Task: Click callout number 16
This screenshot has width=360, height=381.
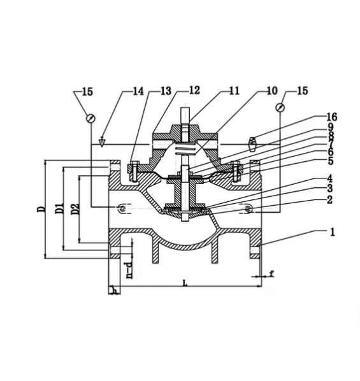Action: coord(332,117)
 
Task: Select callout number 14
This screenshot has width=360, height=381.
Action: coord(138,91)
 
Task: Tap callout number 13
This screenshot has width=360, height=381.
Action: coord(166,91)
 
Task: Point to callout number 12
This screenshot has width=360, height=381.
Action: coord(194,90)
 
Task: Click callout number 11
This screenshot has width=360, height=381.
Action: coord(234,91)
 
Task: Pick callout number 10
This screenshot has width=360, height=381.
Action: coord(272,90)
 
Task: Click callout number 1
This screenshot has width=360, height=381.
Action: coord(333,232)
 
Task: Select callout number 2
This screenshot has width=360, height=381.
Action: coord(330,199)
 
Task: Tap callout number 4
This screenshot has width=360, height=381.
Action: coord(329,179)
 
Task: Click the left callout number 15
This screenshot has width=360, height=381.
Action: coord(87,92)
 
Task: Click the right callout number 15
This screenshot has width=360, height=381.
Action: coord(303,90)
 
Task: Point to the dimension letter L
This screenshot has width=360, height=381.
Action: coord(185,283)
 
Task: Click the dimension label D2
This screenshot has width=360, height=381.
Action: coord(76,209)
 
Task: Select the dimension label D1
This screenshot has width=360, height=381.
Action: coord(60,208)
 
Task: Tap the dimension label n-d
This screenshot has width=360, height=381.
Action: coord(130,270)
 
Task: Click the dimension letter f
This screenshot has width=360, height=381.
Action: coord(272,273)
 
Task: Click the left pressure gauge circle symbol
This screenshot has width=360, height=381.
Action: coord(91,119)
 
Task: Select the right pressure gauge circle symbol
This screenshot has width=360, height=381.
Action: coord(280,108)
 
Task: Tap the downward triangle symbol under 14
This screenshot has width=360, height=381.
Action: coord(103,142)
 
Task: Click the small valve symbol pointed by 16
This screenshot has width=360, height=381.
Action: coord(253,144)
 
